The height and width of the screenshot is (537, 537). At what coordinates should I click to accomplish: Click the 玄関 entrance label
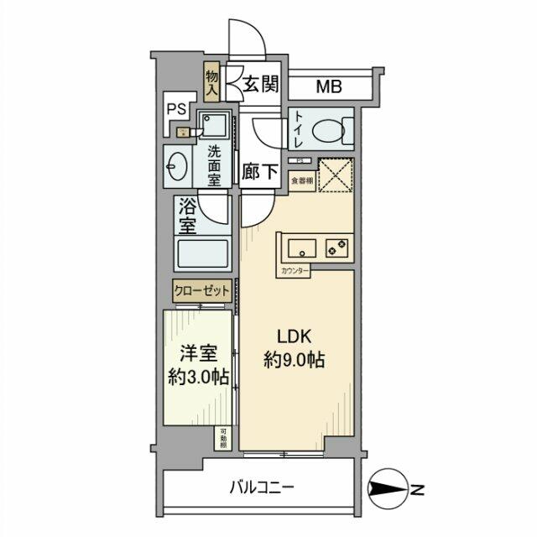click(262, 85)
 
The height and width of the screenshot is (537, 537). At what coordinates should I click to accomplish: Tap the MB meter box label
click(330, 86)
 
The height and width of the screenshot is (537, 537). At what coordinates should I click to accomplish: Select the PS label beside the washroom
click(176, 108)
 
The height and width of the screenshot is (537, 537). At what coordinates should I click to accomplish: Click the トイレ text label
click(300, 130)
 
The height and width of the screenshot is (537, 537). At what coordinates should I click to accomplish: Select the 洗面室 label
click(214, 165)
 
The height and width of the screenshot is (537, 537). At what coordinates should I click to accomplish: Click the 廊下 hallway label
click(260, 172)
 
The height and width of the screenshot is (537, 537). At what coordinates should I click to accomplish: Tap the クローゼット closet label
click(201, 291)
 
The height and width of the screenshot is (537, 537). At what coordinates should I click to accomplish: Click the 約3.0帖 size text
click(197, 378)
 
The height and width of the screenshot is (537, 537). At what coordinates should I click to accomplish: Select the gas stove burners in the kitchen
click(339, 248)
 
